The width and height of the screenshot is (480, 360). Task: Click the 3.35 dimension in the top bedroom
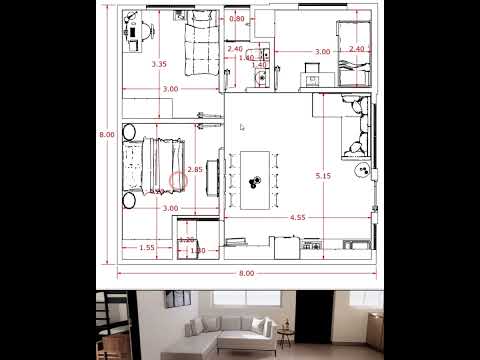(158, 64)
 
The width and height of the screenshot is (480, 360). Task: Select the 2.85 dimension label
(195, 170)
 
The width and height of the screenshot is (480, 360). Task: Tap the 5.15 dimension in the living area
(322, 175)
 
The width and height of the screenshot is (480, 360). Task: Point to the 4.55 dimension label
(298, 217)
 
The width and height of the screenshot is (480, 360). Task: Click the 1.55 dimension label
(146, 248)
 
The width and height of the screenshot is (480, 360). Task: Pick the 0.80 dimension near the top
(237, 19)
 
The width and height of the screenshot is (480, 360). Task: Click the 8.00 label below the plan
(246, 273)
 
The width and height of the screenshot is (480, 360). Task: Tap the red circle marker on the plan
(178, 180)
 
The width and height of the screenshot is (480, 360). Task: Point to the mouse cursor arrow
(242, 127)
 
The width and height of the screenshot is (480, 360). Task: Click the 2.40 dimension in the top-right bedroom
(356, 49)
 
